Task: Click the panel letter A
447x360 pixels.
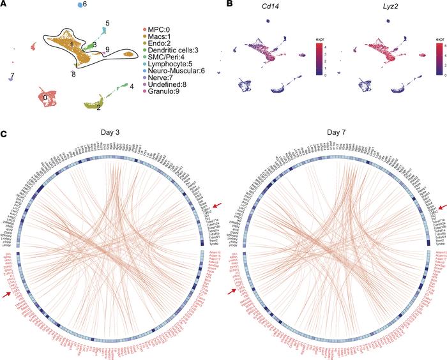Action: (4, 4)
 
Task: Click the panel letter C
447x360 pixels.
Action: (4, 135)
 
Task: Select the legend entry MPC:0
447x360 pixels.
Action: (160, 30)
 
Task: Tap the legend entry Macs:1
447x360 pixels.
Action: (161, 38)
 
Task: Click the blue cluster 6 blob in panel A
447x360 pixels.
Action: (80, 5)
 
